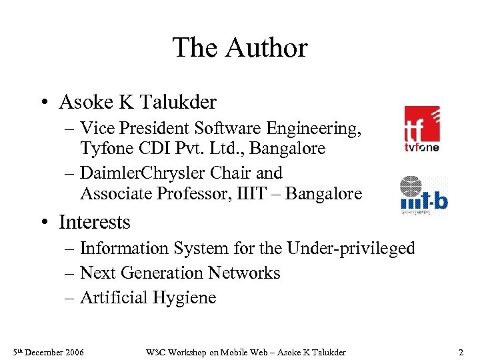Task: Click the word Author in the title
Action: (267, 48)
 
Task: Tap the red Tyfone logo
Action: (422, 129)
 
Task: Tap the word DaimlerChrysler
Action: (143, 173)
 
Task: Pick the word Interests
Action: (95, 221)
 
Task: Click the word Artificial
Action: (114, 298)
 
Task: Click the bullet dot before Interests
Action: (43, 222)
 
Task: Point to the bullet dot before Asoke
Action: (43, 103)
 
